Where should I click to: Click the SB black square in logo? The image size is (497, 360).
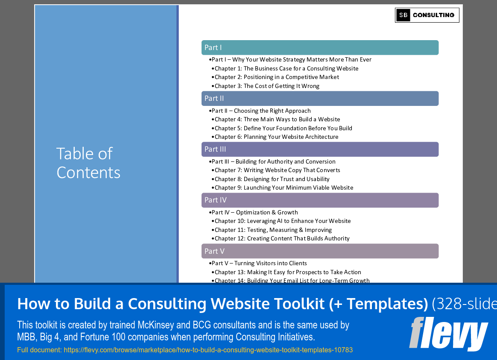tap(403, 15)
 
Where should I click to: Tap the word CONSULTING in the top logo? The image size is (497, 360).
tap(433, 15)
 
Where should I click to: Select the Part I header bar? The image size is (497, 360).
tap(320, 48)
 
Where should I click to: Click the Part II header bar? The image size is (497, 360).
tap(320, 99)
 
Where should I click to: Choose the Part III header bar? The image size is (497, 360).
tap(320, 149)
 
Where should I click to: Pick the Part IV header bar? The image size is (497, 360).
tap(320, 200)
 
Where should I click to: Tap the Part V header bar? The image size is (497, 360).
tap(320, 251)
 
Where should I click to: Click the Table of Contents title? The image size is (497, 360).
tap(88, 163)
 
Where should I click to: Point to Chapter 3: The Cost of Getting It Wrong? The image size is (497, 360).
tap(267, 86)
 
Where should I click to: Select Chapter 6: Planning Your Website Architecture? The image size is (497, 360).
tap(276, 137)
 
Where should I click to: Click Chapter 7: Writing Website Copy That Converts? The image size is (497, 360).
tap(277, 170)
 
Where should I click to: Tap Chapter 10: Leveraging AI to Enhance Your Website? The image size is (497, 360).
tap(282, 221)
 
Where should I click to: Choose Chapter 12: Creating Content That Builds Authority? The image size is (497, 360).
tap(282, 238)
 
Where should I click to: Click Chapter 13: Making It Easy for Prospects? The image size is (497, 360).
tap(288, 272)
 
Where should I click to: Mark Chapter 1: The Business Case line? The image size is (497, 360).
tap(287, 68)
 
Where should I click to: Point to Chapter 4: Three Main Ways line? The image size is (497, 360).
tap(277, 119)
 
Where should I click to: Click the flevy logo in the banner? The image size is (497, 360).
tap(448, 334)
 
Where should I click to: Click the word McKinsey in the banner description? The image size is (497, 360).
tap(156, 325)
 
